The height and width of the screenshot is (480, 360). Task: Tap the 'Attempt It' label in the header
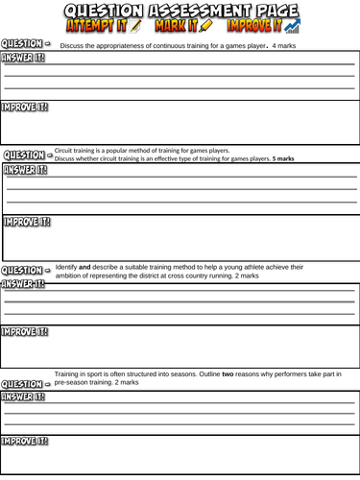(96, 26)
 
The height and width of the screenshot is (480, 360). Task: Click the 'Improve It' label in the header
(254, 26)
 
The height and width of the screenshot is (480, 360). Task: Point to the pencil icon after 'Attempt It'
(135, 26)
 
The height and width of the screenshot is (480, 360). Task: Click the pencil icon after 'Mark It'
(205, 26)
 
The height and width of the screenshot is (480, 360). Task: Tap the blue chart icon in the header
(292, 26)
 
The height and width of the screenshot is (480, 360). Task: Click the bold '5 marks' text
(283, 158)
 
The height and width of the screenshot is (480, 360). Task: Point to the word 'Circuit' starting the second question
(66, 151)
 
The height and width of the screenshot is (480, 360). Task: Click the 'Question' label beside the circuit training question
(24, 155)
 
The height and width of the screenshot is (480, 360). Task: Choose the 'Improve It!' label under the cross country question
(24, 332)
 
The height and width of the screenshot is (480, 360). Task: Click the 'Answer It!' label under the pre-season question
(23, 396)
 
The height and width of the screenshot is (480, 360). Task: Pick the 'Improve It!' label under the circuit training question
(27, 222)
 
